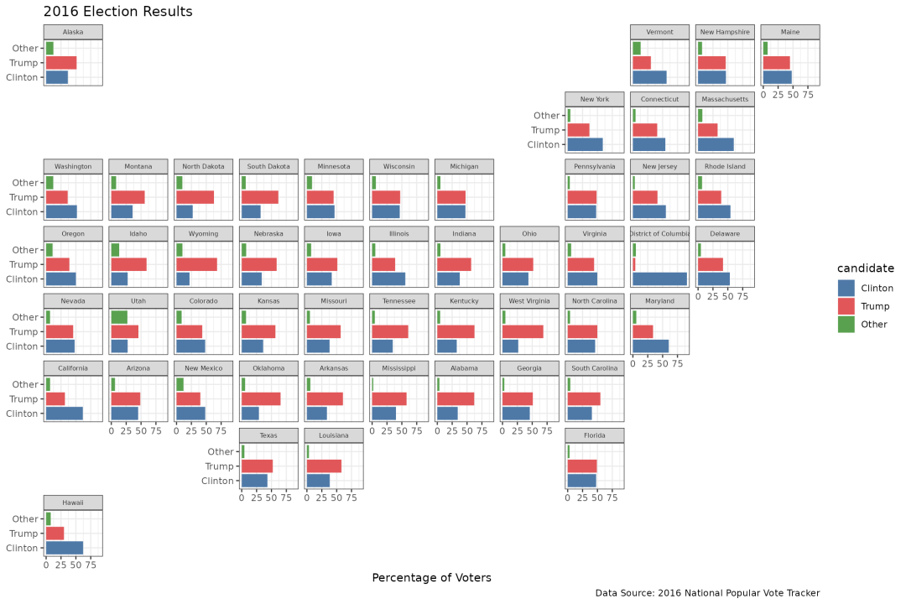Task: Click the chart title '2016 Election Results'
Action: tap(117, 13)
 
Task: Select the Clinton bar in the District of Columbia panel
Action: tap(659, 279)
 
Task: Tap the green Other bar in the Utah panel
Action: tap(119, 317)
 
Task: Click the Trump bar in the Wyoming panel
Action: tap(196, 264)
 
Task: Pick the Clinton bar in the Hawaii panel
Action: tap(65, 548)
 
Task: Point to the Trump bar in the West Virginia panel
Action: tap(523, 331)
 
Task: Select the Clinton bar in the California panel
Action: tap(65, 413)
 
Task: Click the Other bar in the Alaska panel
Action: tap(49, 49)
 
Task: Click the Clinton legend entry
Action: tap(877, 288)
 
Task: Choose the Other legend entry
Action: tap(873, 325)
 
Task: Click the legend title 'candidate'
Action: tap(865, 268)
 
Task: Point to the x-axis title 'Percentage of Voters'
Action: tap(431, 578)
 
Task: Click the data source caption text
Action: tap(707, 593)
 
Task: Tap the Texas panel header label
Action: tap(268, 435)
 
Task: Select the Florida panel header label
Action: tap(595, 435)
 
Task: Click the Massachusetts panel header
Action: tap(725, 99)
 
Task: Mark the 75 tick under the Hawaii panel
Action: tap(90, 565)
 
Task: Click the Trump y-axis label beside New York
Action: tap(545, 130)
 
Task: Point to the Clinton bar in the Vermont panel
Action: tap(649, 77)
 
